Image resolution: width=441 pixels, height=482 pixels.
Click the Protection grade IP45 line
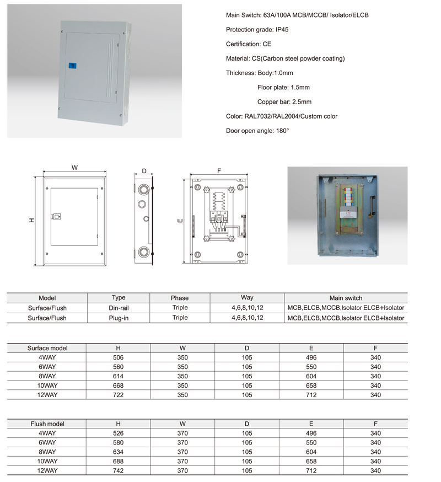tap(257, 30)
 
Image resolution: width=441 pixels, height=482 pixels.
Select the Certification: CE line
tap(249, 44)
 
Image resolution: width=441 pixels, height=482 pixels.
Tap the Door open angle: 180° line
tap(257, 131)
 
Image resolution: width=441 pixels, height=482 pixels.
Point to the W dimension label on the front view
tap(74, 168)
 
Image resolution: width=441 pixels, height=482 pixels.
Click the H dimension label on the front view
tap(31, 220)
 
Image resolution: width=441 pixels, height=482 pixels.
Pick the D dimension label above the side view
tap(144, 172)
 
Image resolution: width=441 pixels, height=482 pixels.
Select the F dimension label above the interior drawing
tap(219, 172)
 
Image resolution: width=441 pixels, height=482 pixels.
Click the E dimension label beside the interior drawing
tap(180, 221)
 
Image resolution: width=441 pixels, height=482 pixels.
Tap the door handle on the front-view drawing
tap(55, 217)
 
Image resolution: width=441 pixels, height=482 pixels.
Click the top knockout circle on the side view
tap(143, 189)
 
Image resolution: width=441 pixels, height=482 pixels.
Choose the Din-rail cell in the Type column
tap(119, 308)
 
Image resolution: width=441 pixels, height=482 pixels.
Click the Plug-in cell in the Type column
tap(119, 318)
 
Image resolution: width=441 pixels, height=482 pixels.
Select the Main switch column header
tap(346, 298)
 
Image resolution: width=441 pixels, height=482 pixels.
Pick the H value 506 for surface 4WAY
tap(119, 358)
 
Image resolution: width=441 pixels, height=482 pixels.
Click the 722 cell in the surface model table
tap(119, 395)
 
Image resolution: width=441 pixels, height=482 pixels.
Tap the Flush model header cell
tap(47, 424)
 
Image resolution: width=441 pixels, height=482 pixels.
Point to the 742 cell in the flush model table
tap(119, 470)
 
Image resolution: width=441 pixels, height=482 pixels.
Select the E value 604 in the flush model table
tap(311, 452)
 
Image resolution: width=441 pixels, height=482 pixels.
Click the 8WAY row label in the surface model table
tap(47, 376)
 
